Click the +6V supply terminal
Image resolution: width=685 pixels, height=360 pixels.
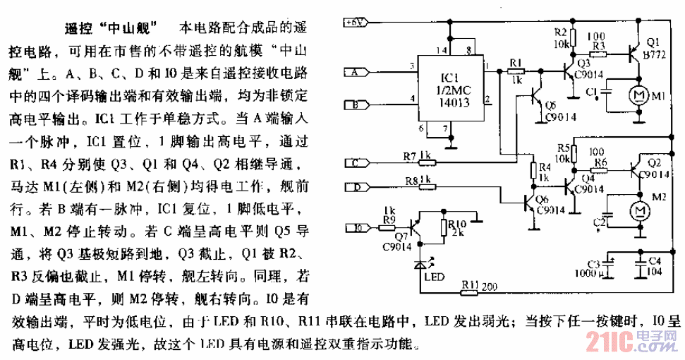click(x=354, y=22)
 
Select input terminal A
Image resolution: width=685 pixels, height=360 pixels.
click(x=354, y=71)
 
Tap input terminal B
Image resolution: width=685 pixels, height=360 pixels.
click(x=354, y=106)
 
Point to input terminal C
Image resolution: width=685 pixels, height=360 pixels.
click(x=354, y=164)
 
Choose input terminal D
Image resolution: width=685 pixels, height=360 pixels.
click(x=354, y=188)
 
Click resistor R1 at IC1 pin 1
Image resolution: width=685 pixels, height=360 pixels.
click(x=515, y=71)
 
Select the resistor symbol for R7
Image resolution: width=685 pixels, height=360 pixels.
click(x=425, y=164)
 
